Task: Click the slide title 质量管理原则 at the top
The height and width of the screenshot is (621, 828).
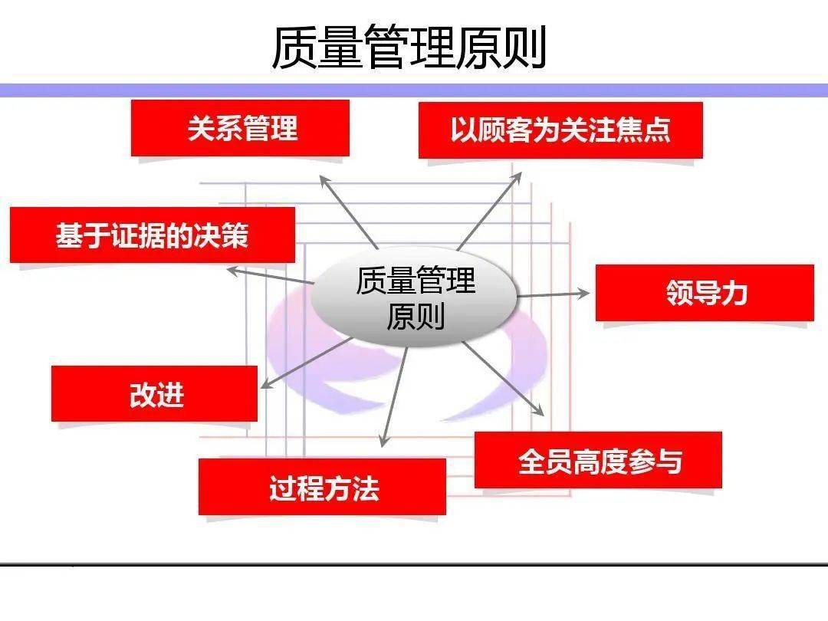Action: coord(409,48)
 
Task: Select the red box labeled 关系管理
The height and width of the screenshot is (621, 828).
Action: coord(240,128)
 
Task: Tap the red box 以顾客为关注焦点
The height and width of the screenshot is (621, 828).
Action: coord(560,130)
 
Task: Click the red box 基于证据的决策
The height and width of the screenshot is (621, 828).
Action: coord(153,235)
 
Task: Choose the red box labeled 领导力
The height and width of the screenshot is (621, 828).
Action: coord(705,293)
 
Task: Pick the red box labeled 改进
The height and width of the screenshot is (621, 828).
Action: coord(154,393)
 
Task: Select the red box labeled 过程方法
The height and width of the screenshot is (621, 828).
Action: coord(322,486)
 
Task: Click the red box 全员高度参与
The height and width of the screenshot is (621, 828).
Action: coord(598,460)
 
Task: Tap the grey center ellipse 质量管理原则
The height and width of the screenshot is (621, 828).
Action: coord(414,297)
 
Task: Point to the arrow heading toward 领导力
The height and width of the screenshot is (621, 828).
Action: coord(554,294)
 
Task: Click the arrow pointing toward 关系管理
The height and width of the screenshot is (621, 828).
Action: coord(349,212)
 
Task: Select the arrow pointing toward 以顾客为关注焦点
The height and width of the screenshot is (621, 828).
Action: coord(489,211)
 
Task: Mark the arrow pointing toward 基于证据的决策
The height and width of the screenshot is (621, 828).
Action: coord(271,276)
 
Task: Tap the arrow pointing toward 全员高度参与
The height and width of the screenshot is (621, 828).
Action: coord(504,379)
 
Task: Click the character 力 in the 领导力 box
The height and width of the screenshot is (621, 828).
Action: coord(735,293)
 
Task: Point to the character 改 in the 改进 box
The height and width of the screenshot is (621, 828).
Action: coord(142,394)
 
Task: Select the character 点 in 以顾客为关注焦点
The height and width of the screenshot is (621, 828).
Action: coord(657,130)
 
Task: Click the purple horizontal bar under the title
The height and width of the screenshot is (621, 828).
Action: coord(414,90)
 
